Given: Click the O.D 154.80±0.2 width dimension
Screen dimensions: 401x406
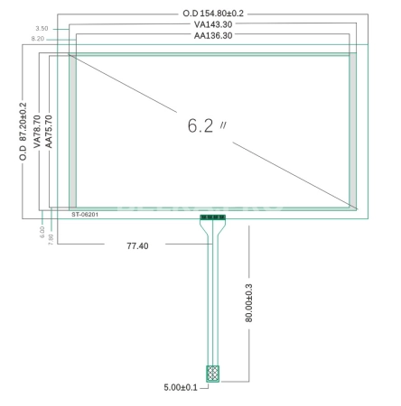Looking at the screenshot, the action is click(213, 14).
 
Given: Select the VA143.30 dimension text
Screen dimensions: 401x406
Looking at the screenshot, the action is click(213, 24).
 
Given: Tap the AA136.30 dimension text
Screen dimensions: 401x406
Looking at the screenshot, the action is click(213, 35).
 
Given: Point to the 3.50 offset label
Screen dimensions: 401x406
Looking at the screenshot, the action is click(42, 29).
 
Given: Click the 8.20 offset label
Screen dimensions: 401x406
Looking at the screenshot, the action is click(38, 39).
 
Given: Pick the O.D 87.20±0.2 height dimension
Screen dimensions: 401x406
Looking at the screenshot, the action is click(23, 132).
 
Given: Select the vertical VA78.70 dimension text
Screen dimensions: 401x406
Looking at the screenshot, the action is click(37, 132).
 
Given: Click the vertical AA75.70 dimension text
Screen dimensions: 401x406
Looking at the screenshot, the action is click(49, 132).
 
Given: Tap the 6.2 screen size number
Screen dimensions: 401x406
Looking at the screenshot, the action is click(200, 125).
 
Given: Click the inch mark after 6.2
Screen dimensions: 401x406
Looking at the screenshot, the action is click(223, 125).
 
